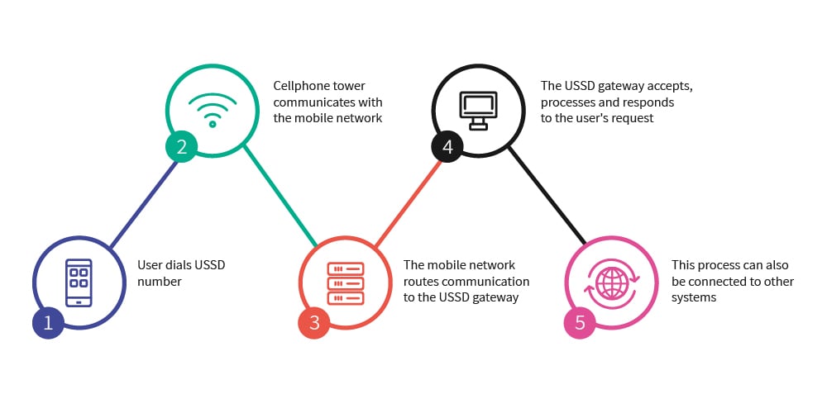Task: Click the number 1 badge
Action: pos(48,322)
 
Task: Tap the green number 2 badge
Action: pos(181,147)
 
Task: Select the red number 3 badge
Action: pos(314,322)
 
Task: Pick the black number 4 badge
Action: pos(447,147)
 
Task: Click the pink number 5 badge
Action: pos(580,322)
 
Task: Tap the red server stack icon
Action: pos(345,282)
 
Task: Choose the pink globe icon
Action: pos(612,282)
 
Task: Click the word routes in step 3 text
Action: pos(421,282)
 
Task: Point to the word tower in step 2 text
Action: pos(347,86)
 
